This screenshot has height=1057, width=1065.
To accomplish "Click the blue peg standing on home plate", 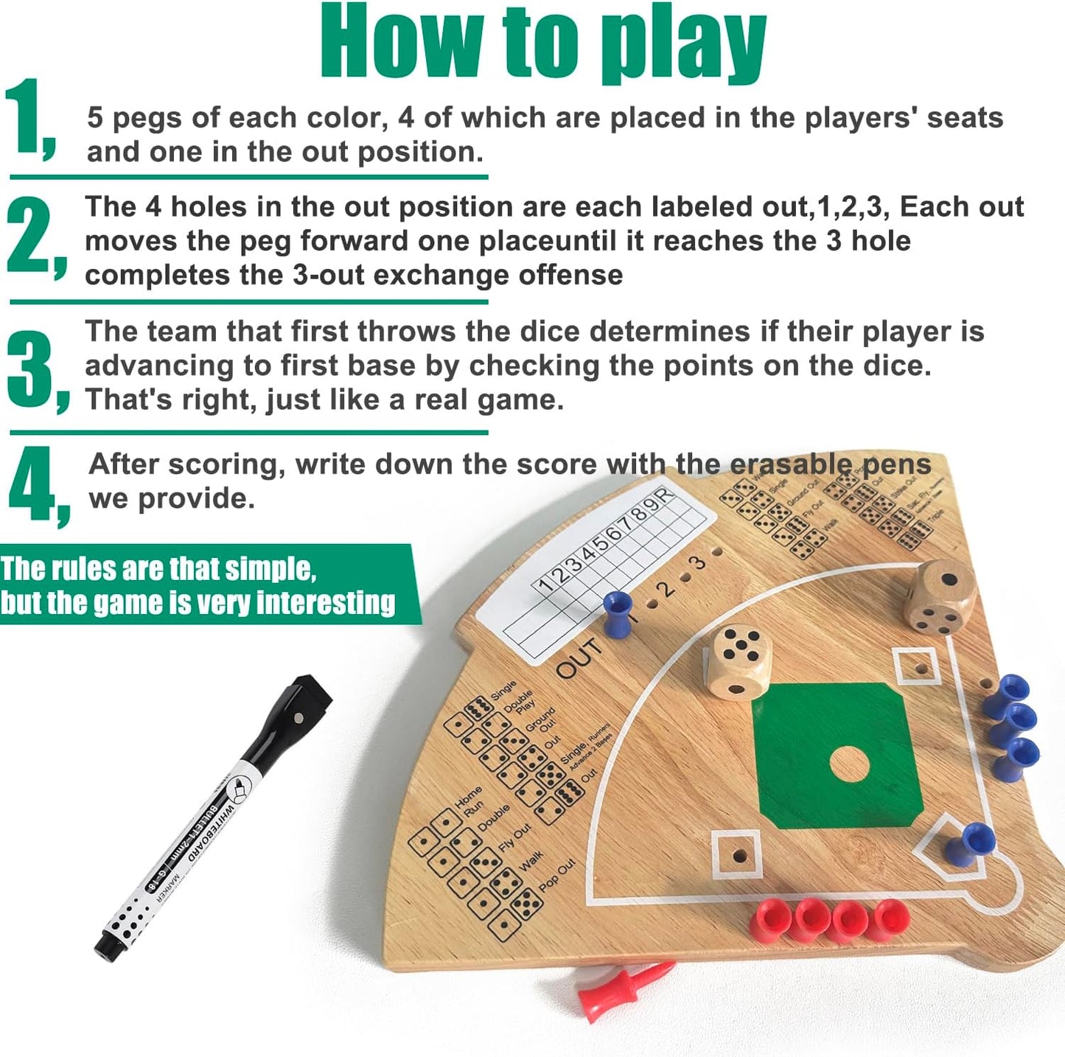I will click(x=970, y=843).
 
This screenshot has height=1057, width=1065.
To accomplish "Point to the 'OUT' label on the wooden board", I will click(x=579, y=658).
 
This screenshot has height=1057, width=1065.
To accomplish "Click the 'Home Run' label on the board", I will click(x=469, y=800).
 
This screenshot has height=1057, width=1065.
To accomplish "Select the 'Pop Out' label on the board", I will click(x=557, y=875).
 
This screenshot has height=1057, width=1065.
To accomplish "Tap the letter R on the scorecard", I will click(x=665, y=495).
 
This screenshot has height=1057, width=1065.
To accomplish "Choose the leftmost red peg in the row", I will click(x=770, y=918).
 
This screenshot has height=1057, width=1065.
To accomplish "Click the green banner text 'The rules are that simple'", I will click(x=158, y=569).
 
